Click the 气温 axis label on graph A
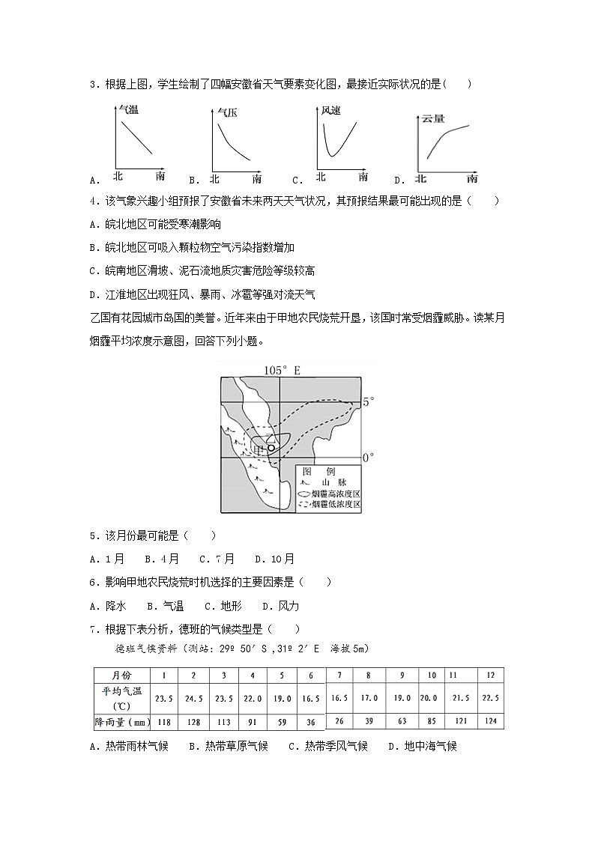(x=129, y=110)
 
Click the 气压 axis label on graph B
(x=228, y=114)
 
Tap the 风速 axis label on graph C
(x=330, y=111)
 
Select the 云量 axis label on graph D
(x=433, y=118)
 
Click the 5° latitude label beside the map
(x=367, y=402)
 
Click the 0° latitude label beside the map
(x=367, y=456)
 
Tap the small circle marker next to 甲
(x=272, y=448)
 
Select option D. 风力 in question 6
(x=280, y=606)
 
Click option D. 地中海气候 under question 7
(x=422, y=746)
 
